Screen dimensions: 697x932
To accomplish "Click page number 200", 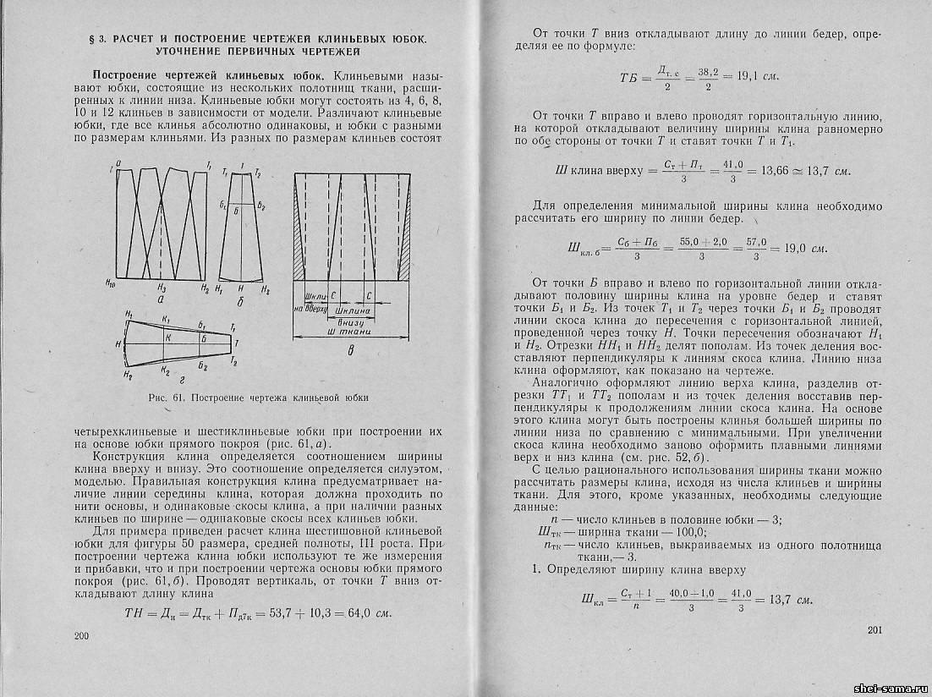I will pos(82,635).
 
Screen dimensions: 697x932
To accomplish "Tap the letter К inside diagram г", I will pos(168,338).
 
